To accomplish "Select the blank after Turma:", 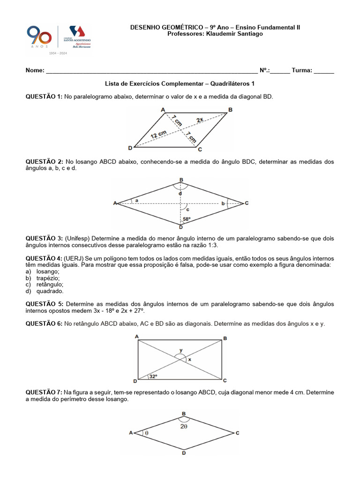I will click(x=324, y=71).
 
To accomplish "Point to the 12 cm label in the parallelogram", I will click(x=158, y=135).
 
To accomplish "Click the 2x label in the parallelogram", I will click(x=200, y=120).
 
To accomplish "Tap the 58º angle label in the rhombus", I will click(x=187, y=219).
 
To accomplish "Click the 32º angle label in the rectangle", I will click(x=153, y=376).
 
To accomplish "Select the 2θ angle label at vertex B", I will click(x=184, y=427).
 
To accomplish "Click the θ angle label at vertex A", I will click(x=146, y=434).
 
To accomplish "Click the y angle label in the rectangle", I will click(x=181, y=350).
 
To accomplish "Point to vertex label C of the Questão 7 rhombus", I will click(x=238, y=433).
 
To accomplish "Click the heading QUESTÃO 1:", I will click(x=44, y=97).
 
